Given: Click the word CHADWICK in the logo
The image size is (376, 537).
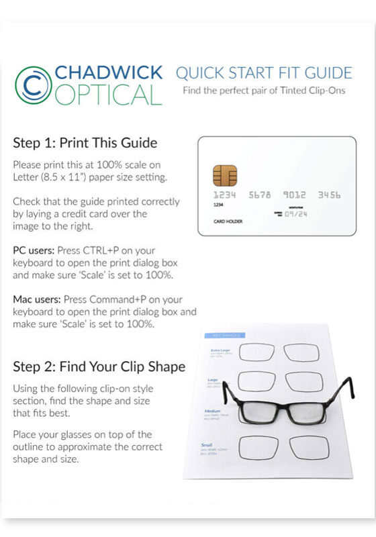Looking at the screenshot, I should pos(107,73).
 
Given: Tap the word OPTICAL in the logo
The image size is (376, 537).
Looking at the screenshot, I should pos(107,95).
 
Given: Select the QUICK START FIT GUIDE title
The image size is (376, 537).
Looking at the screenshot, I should pos(263,72).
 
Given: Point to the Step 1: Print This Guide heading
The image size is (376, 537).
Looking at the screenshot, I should pos(85,143).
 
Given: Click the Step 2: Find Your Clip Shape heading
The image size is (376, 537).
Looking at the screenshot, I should pos(99,367).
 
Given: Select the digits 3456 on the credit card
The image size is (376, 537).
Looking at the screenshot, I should pos(329,195).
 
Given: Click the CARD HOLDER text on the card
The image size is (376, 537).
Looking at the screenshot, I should pos(228,221).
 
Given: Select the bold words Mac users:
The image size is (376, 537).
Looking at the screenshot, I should pos(36,299).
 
